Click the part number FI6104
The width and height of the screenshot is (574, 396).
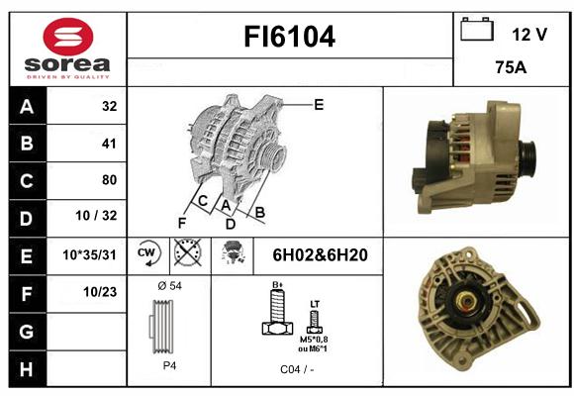289,37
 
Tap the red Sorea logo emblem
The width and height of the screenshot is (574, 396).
68,37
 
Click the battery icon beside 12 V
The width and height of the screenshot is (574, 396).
477,29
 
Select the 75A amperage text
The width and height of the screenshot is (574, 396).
511,67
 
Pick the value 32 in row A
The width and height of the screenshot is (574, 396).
110,106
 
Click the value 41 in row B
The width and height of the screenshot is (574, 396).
109,144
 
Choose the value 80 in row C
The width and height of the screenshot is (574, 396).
110,180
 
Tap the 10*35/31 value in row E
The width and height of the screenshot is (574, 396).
89,254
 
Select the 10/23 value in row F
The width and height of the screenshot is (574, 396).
100,292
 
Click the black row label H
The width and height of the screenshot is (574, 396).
27,369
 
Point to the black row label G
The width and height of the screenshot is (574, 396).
27,332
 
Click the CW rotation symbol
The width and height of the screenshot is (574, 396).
147,253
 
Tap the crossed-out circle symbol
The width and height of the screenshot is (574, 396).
187,252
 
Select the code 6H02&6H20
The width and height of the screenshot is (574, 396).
320,255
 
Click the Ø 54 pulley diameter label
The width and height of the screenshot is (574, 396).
169,286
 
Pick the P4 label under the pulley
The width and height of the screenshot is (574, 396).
169,365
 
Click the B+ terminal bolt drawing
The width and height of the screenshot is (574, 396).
278,311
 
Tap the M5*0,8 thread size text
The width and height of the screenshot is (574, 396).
314,340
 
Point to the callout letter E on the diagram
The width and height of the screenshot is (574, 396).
319,105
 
